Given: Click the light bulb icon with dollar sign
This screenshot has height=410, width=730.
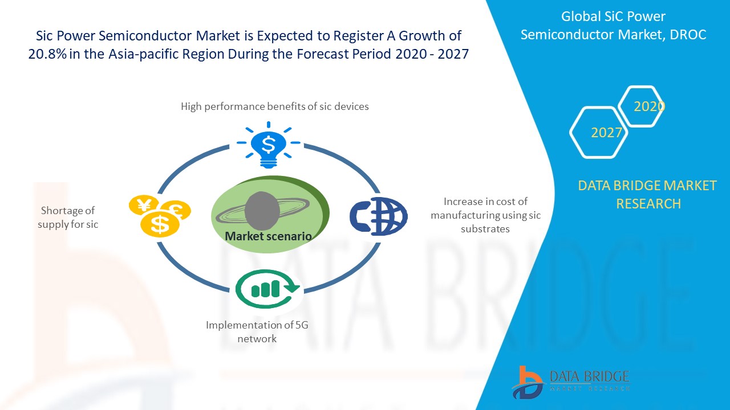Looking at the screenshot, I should pyautogui.click(x=267, y=146).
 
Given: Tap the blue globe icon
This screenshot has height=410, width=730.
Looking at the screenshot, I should pyautogui.click(x=379, y=216).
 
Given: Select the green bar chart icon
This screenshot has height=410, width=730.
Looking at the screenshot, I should pyautogui.click(x=267, y=289).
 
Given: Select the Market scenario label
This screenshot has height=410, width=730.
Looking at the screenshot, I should pyautogui.click(x=268, y=236).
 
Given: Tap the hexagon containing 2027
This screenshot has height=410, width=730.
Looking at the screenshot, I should pyautogui.click(x=599, y=132).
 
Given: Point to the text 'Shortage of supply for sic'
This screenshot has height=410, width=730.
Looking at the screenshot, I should pyautogui.click(x=68, y=218).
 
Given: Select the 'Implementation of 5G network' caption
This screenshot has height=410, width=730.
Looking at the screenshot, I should pyautogui.click(x=257, y=331).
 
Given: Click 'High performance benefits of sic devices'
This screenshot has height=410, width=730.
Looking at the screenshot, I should pyautogui.click(x=274, y=106).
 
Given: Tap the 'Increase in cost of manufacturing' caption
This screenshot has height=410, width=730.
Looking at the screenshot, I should pyautogui.click(x=485, y=215).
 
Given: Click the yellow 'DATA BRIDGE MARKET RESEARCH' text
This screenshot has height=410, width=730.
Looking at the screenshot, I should pyautogui.click(x=647, y=194).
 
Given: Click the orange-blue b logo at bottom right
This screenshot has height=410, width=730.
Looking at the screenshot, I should pyautogui.click(x=527, y=382).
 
